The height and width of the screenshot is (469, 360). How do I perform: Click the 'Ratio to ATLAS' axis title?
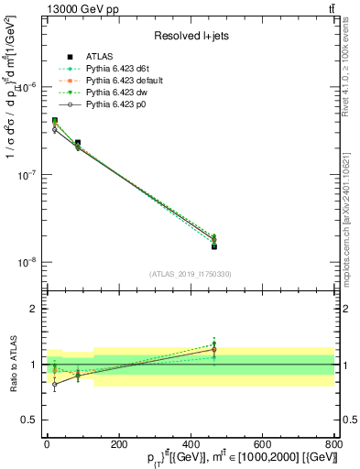coord(13,364)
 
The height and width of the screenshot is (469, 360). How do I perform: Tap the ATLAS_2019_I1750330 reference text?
coord(191,274)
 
